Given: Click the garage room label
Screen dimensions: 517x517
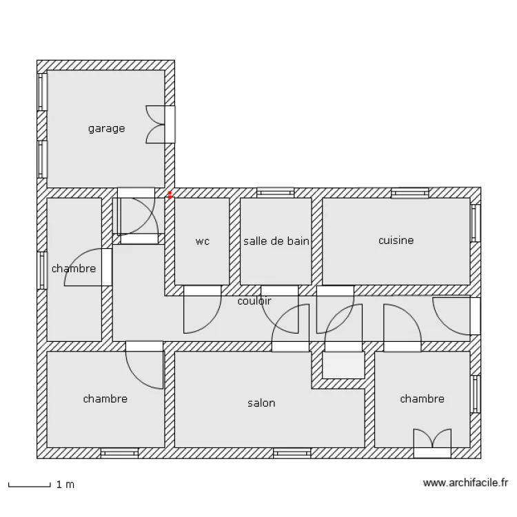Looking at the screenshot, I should click(106, 128).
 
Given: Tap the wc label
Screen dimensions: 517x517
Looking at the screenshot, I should click(202, 241).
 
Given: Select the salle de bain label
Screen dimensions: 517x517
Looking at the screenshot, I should click(276, 241).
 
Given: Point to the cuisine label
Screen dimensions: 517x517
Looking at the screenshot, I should click(396, 241).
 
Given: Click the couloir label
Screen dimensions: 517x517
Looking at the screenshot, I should click(254, 301).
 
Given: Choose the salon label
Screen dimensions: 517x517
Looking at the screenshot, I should click(261, 403).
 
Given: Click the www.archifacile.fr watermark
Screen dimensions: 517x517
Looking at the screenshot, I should click(465, 484).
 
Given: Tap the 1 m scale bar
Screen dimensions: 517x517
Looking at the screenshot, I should click(29, 485).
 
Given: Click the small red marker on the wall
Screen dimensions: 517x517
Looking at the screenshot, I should click(170, 195).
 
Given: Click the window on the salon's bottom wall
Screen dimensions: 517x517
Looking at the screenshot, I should click(292, 453).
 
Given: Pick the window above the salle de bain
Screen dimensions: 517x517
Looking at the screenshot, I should click(275, 192).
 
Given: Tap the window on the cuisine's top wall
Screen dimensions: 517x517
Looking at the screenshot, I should click(409, 192).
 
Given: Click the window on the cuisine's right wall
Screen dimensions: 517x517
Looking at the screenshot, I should click(475, 223).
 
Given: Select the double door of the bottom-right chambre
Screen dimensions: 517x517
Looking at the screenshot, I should click(432, 443).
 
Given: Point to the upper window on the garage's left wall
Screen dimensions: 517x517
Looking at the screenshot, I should click(41, 92).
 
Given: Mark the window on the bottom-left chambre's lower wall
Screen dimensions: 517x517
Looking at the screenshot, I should click(119, 453).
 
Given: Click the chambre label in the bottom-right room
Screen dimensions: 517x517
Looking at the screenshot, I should click(422, 398).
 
